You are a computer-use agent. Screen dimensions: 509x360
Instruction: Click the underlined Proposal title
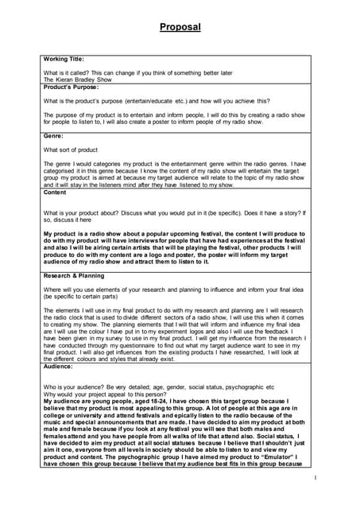[x=180, y=27]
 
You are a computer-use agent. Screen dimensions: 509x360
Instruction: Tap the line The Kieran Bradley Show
[x=78, y=80]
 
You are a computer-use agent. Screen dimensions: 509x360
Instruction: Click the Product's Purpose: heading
[x=71, y=87]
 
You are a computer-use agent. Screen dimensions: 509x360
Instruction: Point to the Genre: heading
[x=53, y=136]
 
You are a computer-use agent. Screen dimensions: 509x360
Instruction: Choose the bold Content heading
[x=55, y=192]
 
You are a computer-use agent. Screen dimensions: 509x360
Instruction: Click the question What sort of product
[x=70, y=150]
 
